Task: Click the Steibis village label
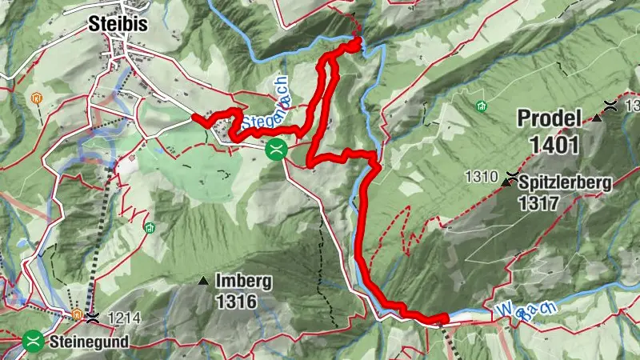point(120,25)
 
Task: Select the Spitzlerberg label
point(566,182)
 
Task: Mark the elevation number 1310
point(479,175)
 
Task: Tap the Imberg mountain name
point(244,282)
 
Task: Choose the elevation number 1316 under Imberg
point(235,302)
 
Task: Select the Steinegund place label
point(88,342)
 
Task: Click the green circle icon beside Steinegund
point(34,341)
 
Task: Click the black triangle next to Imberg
point(203,282)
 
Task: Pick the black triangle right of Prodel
point(597,119)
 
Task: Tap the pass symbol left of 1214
point(94,318)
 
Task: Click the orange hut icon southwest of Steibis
point(35,99)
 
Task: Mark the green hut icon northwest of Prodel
point(482,106)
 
